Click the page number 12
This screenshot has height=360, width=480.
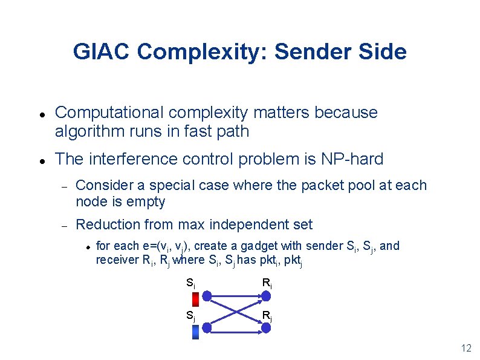[465, 348]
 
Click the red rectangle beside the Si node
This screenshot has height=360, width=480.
[195, 299]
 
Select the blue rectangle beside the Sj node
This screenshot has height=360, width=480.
[195, 332]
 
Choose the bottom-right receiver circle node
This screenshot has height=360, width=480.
[265, 327]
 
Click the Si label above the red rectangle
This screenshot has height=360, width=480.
[190, 282]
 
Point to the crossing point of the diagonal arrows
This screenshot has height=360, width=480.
[236, 312]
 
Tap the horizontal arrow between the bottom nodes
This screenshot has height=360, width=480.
[236, 327]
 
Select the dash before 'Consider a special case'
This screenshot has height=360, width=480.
[62, 186]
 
